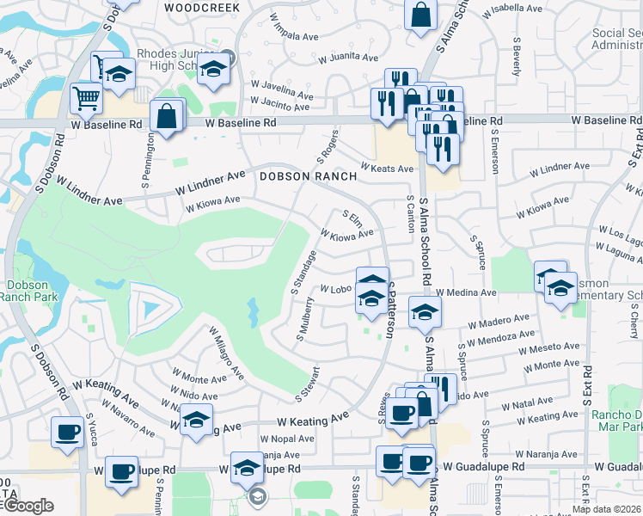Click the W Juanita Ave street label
348,58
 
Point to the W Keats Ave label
387,168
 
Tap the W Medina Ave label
466,292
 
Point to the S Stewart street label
308,384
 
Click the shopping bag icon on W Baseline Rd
167,115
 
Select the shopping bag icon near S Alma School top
420,15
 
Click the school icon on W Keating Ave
197,421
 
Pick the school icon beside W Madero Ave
424,312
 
